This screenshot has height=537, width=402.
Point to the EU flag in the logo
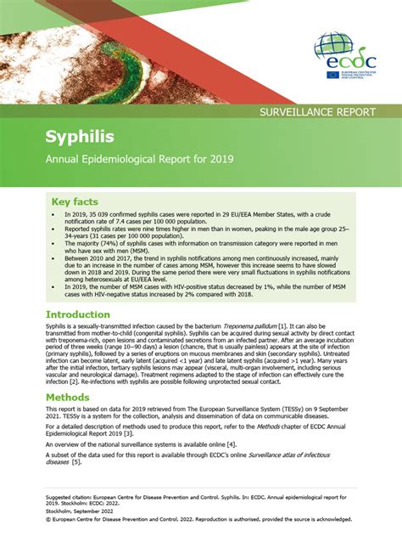(332, 75)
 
